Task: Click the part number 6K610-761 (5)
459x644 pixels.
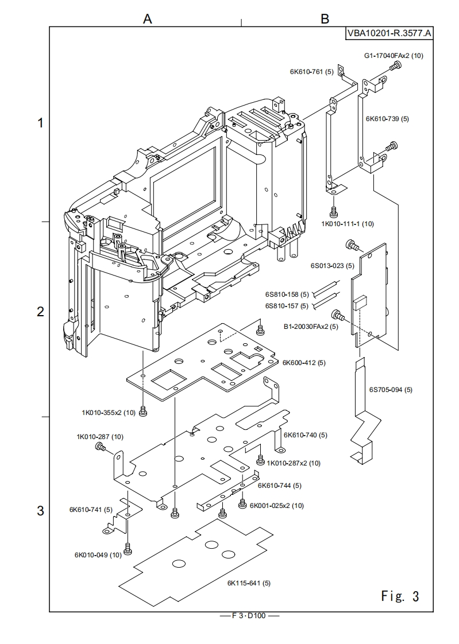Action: [311, 72]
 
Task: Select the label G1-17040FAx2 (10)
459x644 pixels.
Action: [394, 56]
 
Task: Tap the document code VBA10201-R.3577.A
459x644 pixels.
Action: [389, 33]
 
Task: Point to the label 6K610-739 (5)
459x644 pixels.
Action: [387, 119]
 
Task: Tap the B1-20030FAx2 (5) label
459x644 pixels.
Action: [311, 327]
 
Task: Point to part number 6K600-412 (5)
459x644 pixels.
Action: [304, 363]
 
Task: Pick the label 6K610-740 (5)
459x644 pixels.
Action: [306, 435]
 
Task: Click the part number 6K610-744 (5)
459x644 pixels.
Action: [280, 486]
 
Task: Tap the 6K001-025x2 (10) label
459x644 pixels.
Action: [277, 506]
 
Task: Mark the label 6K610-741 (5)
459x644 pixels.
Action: [91, 509]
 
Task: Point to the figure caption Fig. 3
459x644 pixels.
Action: [400, 596]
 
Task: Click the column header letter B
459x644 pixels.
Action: [325, 19]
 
